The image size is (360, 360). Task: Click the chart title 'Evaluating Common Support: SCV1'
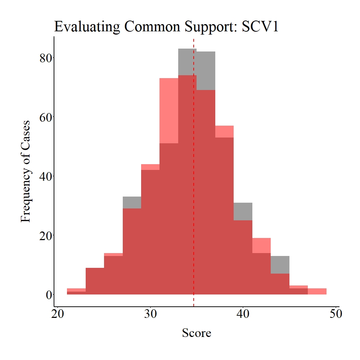pyautogui.click(x=166, y=27)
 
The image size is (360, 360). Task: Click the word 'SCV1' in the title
pyautogui.click(x=260, y=27)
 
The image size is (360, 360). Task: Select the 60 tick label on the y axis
pyautogui.click(x=46, y=117)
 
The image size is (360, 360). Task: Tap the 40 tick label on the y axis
pyautogui.click(x=46, y=176)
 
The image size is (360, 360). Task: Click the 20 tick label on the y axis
pyautogui.click(x=46, y=235)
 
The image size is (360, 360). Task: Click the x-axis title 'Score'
pyautogui.click(x=197, y=333)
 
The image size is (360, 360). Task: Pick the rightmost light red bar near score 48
pyautogui.click(x=317, y=292)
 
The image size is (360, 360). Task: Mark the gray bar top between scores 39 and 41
pyautogui.click(x=243, y=212)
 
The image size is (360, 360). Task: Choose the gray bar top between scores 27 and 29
pyautogui.click(x=132, y=202)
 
